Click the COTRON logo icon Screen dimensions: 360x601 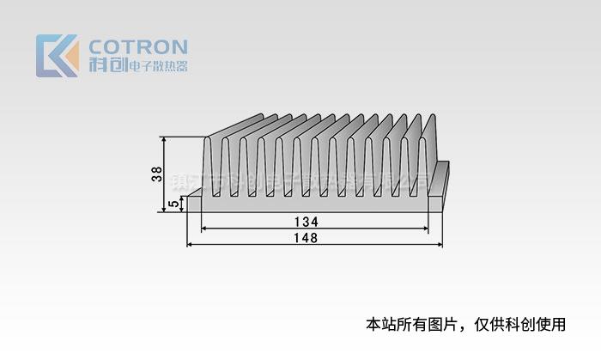[x=57, y=56]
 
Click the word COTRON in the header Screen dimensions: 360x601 [x=138, y=46]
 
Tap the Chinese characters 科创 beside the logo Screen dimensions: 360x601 [x=107, y=65]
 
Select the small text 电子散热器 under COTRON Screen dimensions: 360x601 [x=157, y=66]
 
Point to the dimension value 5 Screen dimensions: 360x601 [x=174, y=204]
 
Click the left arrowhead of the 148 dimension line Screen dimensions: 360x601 [x=190, y=245]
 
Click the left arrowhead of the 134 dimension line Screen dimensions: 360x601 [x=204, y=229]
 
